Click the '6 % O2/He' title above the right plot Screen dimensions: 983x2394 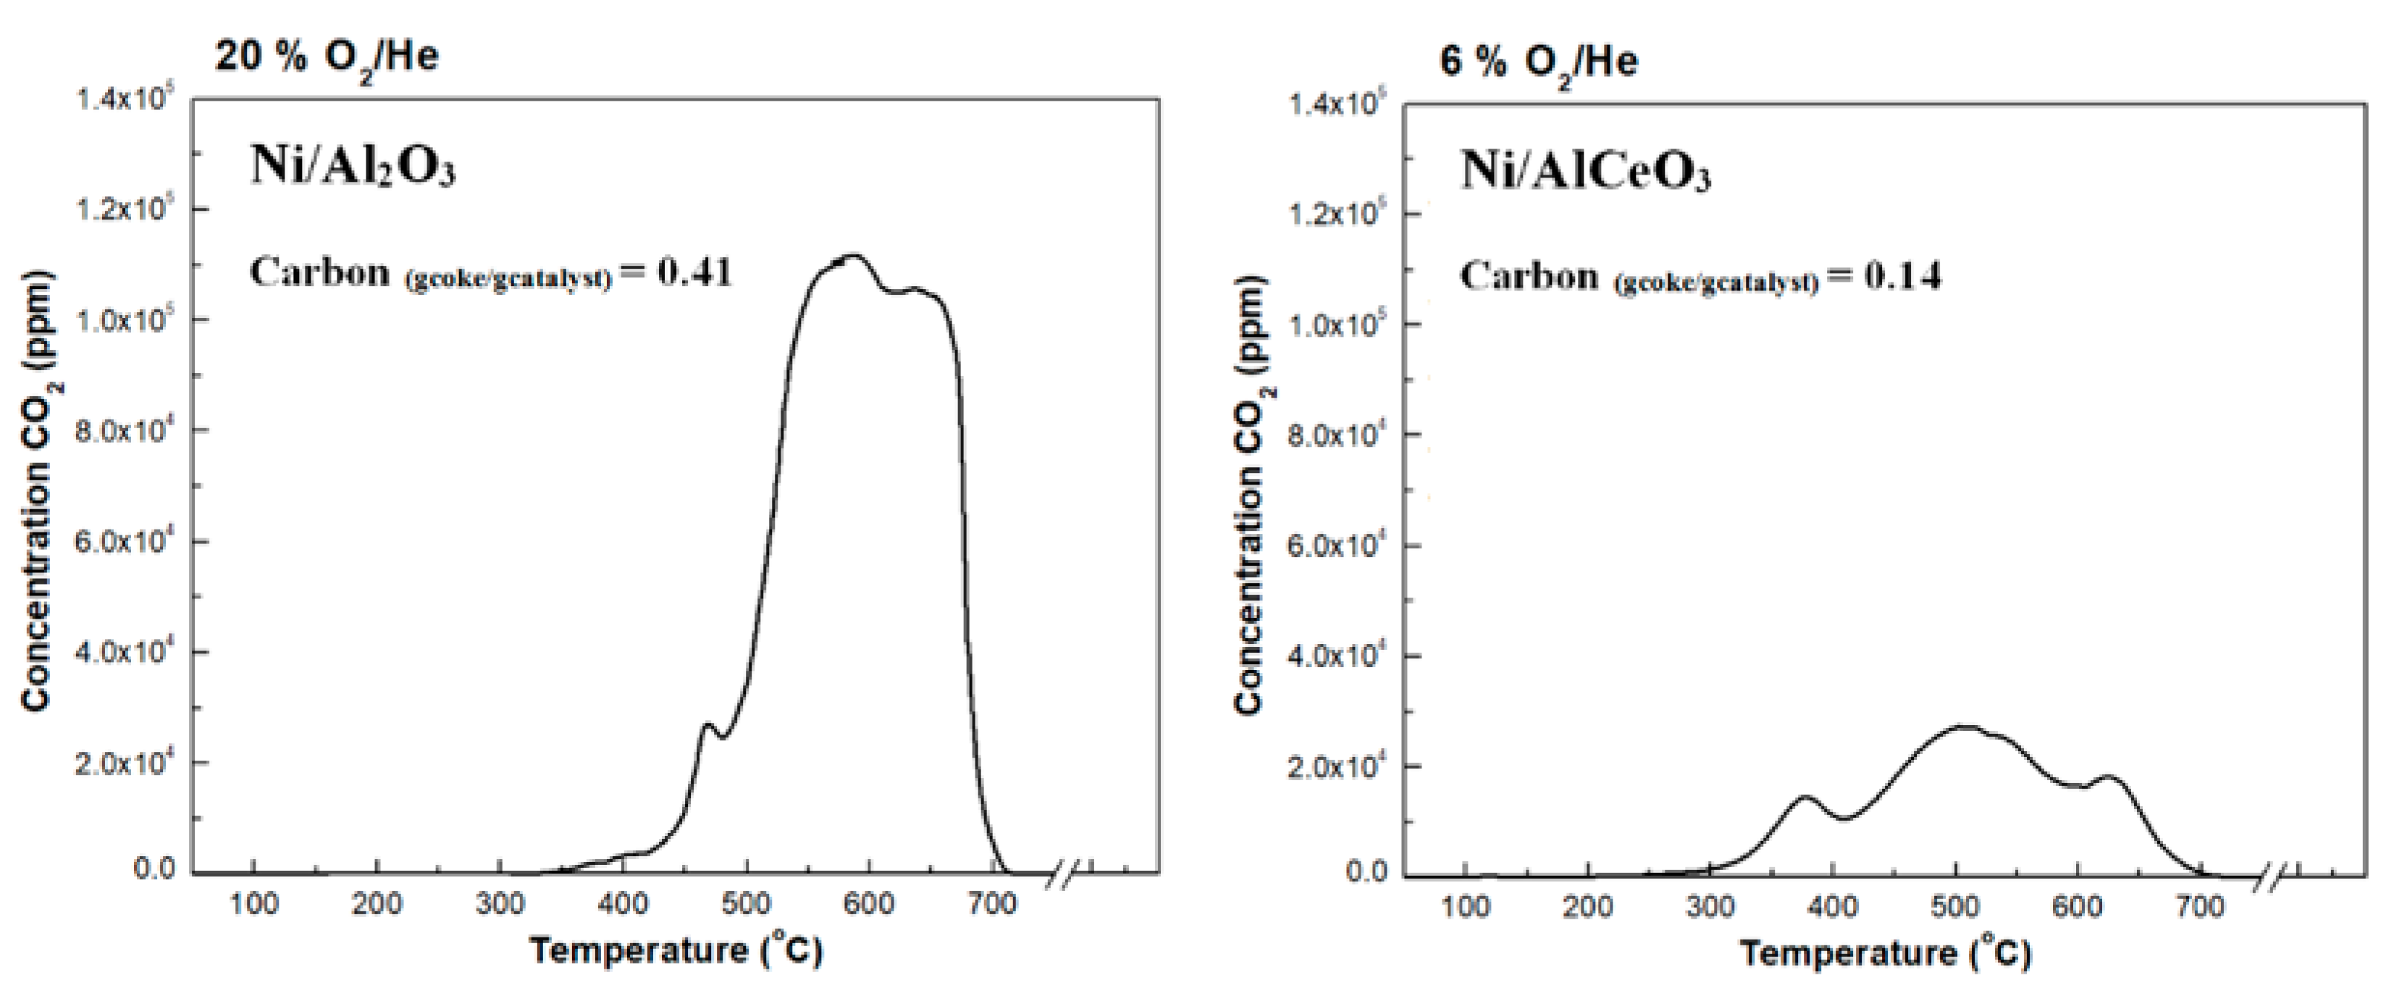tap(1538, 62)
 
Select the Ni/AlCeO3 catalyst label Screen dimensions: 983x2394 tap(1585, 171)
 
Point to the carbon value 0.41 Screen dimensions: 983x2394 tap(695, 272)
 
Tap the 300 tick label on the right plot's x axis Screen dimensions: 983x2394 tap(1709, 908)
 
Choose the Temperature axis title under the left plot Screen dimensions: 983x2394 tap(676, 950)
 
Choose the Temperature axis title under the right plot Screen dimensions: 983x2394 tap(1886, 953)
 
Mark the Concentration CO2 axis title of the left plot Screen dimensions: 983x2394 tap(36, 493)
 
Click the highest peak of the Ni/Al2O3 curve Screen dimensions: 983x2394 tap(853, 256)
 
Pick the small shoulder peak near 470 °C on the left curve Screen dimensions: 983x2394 tap(708, 724)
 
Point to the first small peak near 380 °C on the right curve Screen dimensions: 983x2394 tap(1807, 797)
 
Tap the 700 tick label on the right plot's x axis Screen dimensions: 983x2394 tap(2201, 908)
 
